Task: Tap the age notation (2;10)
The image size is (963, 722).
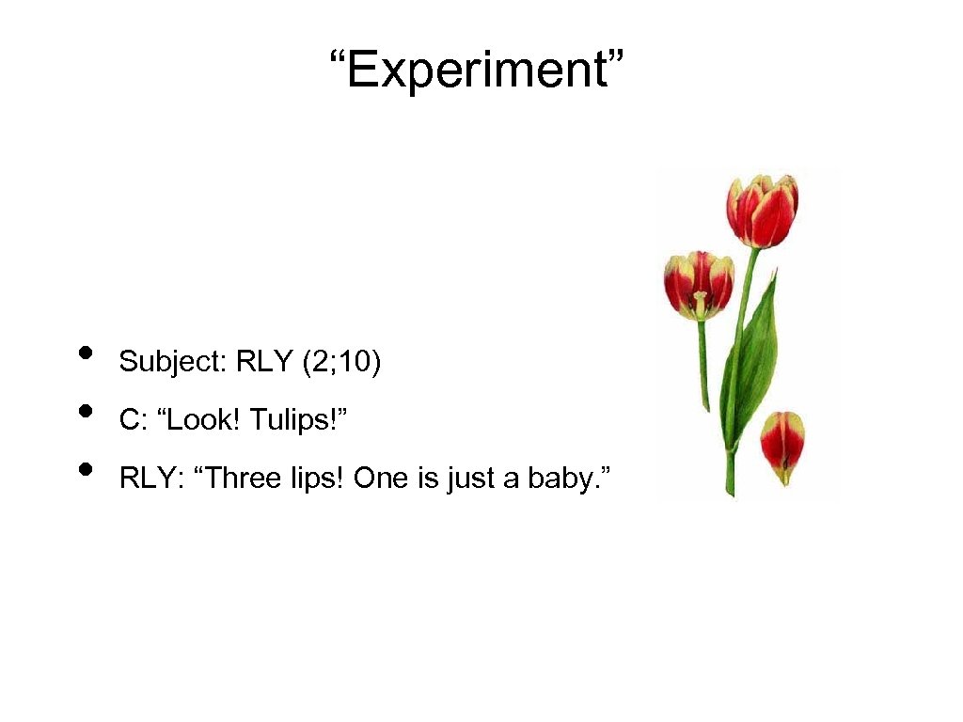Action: [x=341, y=362]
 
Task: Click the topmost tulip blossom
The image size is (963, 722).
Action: [x=762, y=211]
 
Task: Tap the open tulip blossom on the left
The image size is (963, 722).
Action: [x=699, y=285]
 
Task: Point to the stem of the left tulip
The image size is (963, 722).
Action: [x=703, y=367]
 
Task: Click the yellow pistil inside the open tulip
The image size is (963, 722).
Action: [x=700, y=303]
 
